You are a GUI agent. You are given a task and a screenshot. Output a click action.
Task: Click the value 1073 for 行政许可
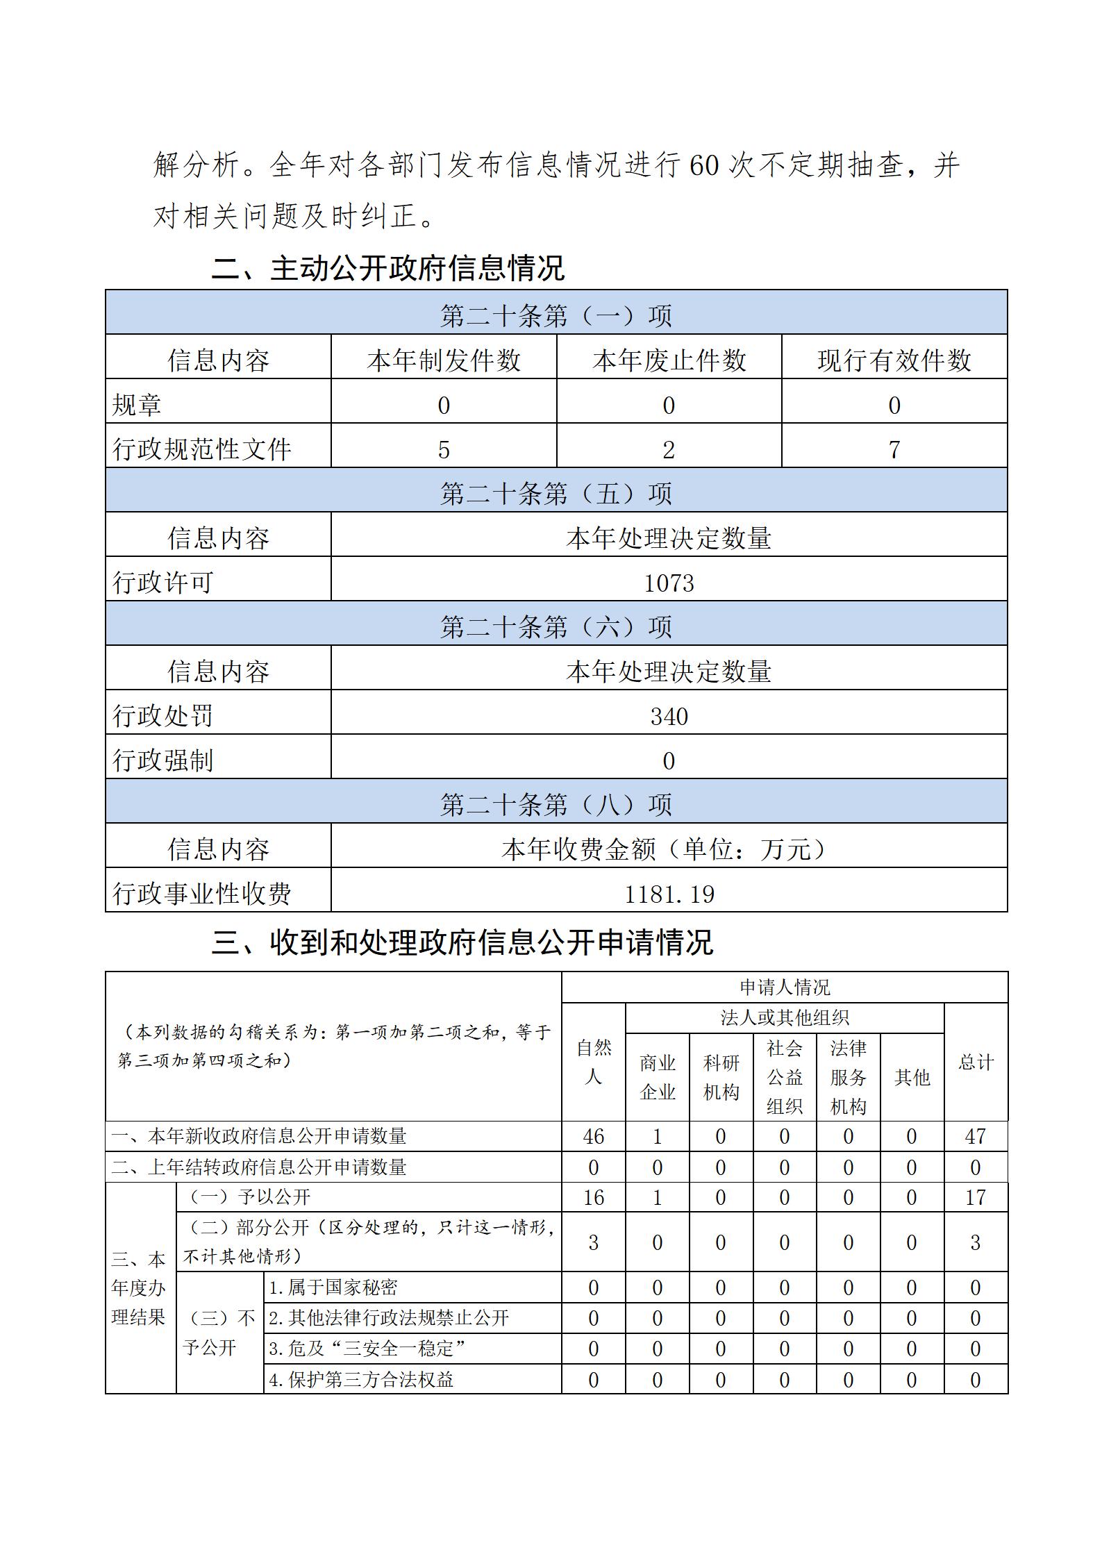669,582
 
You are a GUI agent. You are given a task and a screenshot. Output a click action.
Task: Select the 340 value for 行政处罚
669,715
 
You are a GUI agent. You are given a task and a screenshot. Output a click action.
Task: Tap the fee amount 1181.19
669,893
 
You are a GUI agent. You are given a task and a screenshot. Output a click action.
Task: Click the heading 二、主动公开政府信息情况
387,268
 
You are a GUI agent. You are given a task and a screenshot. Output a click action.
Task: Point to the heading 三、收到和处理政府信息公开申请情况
462,942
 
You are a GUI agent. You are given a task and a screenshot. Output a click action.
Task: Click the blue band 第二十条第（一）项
556,315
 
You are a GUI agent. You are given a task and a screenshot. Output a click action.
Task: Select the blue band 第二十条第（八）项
556,804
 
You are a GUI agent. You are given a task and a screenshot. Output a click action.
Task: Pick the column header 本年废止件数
669,360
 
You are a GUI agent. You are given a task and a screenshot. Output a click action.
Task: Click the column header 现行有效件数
894,360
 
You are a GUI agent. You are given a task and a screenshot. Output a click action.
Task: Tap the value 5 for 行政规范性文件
444,449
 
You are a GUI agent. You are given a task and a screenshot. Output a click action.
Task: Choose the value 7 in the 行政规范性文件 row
894,449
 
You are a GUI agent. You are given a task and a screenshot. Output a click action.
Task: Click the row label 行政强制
162,760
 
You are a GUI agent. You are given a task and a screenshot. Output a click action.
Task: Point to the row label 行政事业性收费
201,893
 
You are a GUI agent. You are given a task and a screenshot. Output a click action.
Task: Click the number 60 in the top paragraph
703,166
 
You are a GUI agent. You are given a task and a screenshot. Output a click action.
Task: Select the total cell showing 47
975,1136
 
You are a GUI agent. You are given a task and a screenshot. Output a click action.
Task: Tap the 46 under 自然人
593,1136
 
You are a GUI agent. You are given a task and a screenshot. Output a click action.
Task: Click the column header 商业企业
657,1077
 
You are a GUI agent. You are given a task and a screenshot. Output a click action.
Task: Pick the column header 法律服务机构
848,1077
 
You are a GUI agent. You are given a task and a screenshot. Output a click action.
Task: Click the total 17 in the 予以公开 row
975,1197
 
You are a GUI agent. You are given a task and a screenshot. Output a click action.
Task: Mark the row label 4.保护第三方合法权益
361,1379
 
